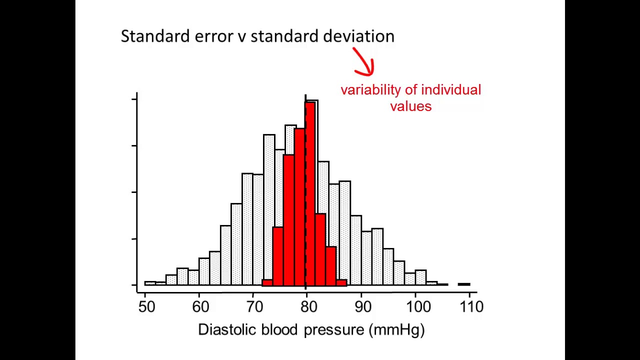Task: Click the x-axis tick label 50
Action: click(146, 306)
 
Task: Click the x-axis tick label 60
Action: click(200, 306)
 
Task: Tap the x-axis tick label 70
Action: click(254, 306)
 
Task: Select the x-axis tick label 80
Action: click(308, 306)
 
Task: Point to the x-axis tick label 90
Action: click(362, 306)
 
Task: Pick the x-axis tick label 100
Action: click(418, 306)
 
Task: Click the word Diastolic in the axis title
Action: click(227, 329)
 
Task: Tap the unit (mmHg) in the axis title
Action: click(397, 329)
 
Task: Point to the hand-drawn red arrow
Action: click(364, 62)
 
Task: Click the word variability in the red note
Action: click(370, 90)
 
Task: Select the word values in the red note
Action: click(410, 106)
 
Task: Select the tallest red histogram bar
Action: click(310, 192)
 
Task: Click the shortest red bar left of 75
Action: click(267, 282)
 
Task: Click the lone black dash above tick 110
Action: click(464, 284)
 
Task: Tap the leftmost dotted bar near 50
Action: click(149, 283)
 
